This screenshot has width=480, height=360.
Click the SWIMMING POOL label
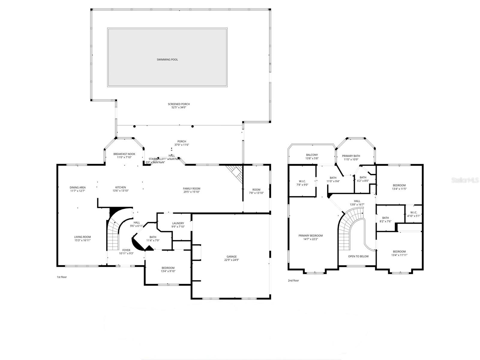point(167,60)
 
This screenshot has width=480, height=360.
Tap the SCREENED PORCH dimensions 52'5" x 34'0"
point(179,107)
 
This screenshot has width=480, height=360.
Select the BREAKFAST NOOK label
point(124,154)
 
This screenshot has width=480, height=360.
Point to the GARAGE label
point(232,256)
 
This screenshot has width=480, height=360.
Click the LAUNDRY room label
point(178,223)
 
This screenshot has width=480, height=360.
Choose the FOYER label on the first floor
point(126,250)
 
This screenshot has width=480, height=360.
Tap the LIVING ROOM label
point(82,237)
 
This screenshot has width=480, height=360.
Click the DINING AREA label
point(78,187)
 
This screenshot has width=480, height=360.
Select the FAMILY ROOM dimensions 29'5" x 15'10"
point(191,192)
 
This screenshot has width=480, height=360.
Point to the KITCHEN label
point(121,187)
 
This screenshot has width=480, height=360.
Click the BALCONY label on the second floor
point(312,155)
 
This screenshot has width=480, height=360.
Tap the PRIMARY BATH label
point(351,156)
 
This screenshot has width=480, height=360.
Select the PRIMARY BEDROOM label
point(310,235)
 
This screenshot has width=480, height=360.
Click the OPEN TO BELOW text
point(358,256)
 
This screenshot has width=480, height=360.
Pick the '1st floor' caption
point(62,277)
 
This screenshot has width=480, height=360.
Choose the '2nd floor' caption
point(293,280)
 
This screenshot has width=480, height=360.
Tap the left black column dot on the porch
point(135,126)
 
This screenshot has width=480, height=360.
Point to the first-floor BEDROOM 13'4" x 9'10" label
point(168,268)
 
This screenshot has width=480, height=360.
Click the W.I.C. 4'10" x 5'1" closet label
point(413,212)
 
